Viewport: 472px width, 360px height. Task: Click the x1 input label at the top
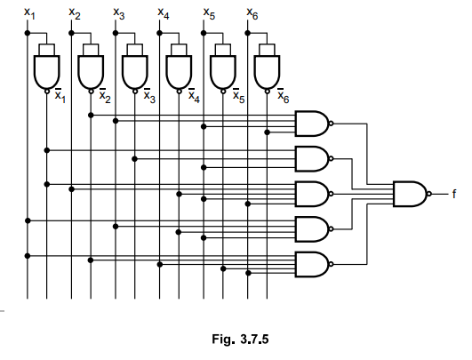[x=29, y=14]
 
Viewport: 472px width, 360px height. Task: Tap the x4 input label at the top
[x=164, y=14]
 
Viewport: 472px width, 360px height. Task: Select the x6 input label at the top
[x=252, y=14]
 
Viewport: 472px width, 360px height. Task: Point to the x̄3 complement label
[x=149, y=96]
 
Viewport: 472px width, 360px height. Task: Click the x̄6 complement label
[x=283, y=96]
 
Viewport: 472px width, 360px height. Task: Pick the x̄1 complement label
[x=60, y=96]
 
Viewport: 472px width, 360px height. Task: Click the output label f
[x=454, y=194]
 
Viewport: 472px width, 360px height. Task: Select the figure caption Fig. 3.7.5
[x=240, y=340]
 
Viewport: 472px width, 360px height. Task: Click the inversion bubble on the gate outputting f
[x=429, y=194]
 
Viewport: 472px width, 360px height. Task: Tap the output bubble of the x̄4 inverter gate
[x=179, y=92]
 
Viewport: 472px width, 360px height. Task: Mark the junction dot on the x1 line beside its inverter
[x=28, y=33]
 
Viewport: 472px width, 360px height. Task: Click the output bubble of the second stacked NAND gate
[x=332, y=158]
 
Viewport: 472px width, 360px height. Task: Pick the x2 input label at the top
[x=75, y=14]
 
